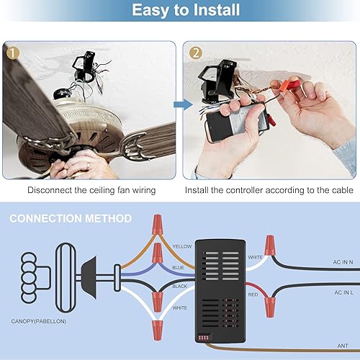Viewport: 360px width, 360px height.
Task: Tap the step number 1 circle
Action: (x=13, y=53)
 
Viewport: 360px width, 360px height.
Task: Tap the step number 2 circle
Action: (x=196, y=53)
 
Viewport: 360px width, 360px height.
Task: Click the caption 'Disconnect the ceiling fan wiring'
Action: (x=91, y=191)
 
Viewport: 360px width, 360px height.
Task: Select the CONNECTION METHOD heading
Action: (x=71, y=217)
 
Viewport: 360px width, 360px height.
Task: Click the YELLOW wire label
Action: (x=182, y=246)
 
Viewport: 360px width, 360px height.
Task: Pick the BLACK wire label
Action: (x=181, y=286)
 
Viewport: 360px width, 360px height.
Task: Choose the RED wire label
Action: (x=253, y=294)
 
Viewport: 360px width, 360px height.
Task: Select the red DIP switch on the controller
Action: (x=210, y=336)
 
